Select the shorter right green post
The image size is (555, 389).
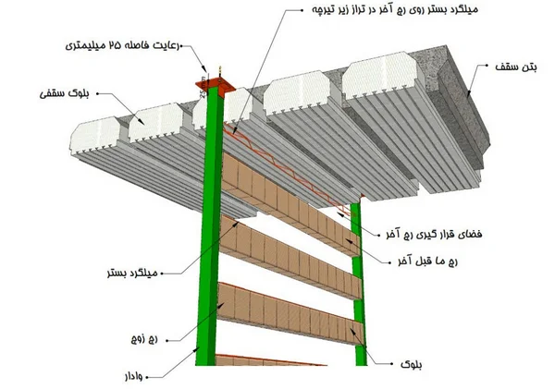coord(358,277)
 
